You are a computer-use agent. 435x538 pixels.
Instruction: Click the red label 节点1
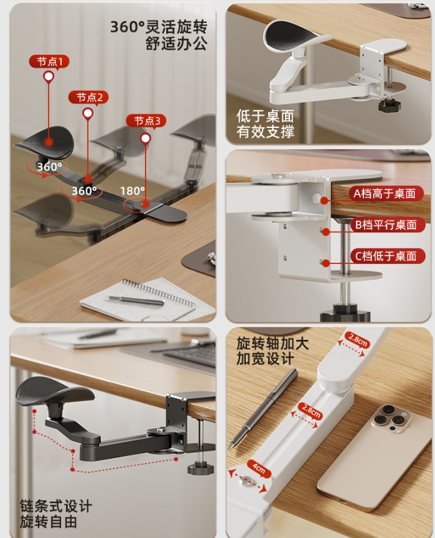click(x=50, y=62)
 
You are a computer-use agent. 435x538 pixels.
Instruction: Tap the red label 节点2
click(x=88, y=98)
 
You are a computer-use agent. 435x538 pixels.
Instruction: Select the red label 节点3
click(x=146, y=121)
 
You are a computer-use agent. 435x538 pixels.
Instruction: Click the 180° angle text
click(x=133, y=191)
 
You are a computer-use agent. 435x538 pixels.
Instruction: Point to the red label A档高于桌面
click(x=386, y=193)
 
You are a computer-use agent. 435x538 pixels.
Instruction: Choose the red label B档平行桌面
click(x=387, y=225)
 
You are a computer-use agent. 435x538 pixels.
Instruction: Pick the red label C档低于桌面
click(x=387, y=256)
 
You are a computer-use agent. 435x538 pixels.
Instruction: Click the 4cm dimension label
click(x=259, y=468)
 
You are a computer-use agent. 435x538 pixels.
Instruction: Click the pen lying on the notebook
click(x=136, y=300)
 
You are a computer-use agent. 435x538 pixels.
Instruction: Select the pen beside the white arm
click(x=262, y=409)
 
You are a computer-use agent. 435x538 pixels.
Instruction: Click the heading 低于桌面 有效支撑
click(x=265, y=124)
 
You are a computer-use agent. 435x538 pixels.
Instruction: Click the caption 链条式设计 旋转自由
click(x=55, y=514)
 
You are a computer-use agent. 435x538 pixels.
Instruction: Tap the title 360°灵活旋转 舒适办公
click(x=159, y=35)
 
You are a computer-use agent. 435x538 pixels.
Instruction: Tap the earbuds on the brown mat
click(x=212, y=258)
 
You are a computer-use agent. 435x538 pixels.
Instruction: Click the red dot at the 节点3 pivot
click(x=146, y=204)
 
